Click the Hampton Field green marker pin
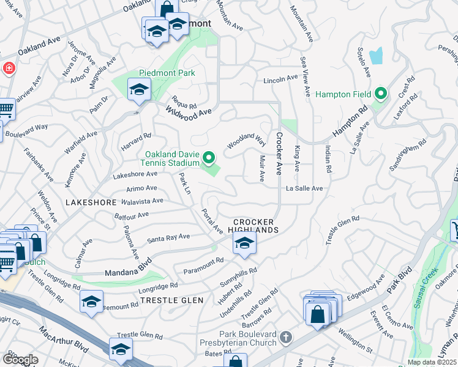(x=381, y=94)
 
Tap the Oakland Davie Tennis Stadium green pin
(x=209, y=159)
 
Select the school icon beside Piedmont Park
(x=139, y=91)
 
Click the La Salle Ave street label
(x=304, y=188)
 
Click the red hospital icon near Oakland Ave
(x=9, y=67)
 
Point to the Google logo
(x=20, y=359)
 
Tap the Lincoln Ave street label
(x=280, y=80)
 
